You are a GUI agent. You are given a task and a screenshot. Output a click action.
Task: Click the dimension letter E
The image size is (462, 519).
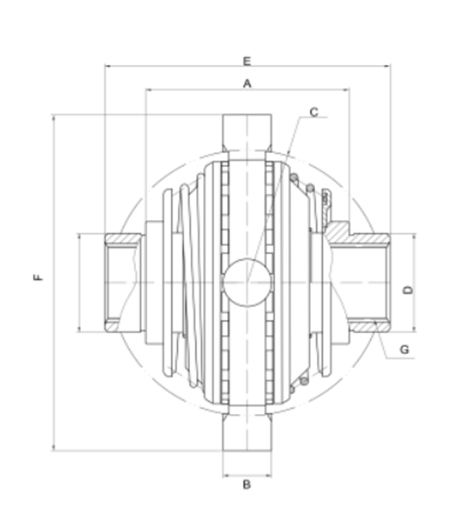click(x=247, y=61)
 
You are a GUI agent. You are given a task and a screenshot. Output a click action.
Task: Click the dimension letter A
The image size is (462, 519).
click(x=247, y=84)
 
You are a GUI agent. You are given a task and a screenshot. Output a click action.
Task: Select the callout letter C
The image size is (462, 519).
click(x=313, y=113)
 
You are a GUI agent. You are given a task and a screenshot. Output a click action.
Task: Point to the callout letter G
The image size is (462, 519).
click(x=404, y=350)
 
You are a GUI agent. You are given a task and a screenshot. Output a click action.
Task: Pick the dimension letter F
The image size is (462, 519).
click(x=39, y=277)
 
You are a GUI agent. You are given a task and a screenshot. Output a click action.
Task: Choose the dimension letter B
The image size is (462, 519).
click(x=246, y=485)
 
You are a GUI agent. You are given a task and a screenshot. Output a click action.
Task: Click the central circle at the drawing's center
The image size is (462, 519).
click(x=247, y=282)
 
